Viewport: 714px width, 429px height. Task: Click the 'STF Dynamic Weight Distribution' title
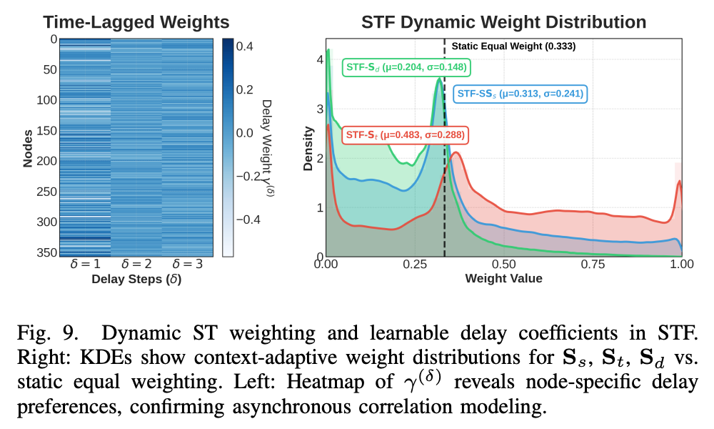pos(503,21)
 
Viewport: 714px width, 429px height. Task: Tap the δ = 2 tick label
pos(136,265)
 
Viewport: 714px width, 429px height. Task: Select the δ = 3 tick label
pos(188,265)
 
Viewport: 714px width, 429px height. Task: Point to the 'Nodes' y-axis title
pos(27,149)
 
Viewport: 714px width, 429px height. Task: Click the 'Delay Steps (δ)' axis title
pos(136,280)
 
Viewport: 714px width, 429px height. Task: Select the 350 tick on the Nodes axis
pos(47,252)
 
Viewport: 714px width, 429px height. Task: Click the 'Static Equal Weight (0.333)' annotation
pos(513,46)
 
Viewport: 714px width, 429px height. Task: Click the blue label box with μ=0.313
pos(520,93)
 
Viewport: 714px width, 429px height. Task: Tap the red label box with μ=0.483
pos(404,134)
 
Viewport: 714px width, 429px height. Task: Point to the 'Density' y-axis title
pos(308,149)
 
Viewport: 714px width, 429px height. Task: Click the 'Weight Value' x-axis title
pos(503,279)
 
